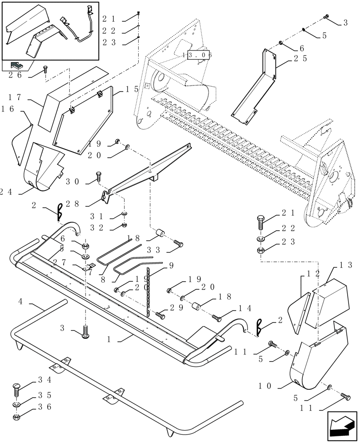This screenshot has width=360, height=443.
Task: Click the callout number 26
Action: point(16,74)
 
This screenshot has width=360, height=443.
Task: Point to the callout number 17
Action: point(16,96)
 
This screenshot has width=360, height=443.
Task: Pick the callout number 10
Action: point(265,386)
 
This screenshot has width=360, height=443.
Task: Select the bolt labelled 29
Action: point(160,315)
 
